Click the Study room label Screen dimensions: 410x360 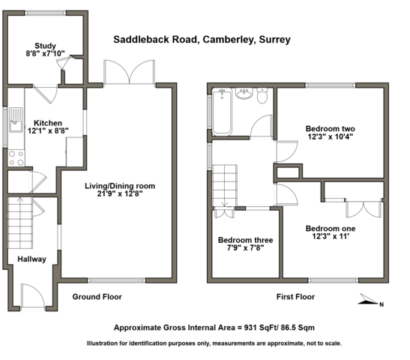(45, 46)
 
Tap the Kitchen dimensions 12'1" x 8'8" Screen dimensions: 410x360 (48, 130)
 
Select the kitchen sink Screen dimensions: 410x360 (16, 120)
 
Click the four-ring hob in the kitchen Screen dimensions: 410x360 (16, 158)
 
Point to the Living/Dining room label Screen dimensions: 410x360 (120, 186)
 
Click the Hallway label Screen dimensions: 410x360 (32, 259)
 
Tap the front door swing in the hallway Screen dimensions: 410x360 (33, 295)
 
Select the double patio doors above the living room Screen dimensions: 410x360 (129, 72)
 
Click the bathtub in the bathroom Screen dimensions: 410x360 (222, 112)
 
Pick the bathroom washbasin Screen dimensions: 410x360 (244, 94)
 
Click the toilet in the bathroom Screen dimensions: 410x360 (262, 95)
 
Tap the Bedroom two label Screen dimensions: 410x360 (331, 129)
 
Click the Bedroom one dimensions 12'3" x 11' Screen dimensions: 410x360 (331, 236)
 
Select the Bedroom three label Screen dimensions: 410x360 (246, 240)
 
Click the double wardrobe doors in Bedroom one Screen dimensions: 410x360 (364, 209)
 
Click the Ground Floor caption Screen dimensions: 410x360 (97, 297)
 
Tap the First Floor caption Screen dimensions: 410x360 (295, 297)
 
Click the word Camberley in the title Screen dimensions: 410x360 (229, 40)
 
